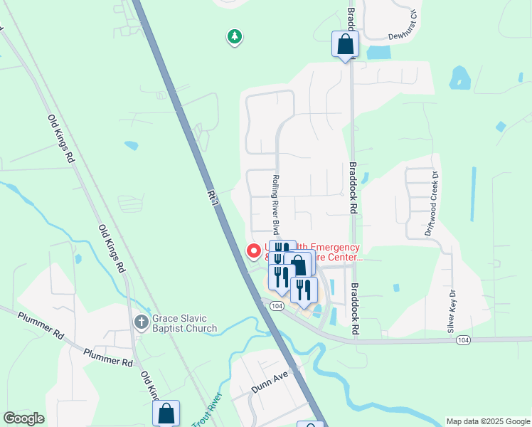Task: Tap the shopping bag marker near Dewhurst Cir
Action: click(345, 44)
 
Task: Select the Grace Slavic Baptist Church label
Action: click(184, 323)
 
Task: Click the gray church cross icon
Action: click(141, 322)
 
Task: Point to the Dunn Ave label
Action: click(269, 385)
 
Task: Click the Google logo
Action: click(23, 418)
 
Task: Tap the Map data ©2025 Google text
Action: click(487, 421)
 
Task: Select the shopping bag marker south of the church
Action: click(166, 412)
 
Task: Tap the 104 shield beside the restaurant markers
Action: click(277, 305)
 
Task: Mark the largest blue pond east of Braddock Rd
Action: click(459, 78)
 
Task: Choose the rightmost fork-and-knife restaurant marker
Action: click(304, 289)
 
